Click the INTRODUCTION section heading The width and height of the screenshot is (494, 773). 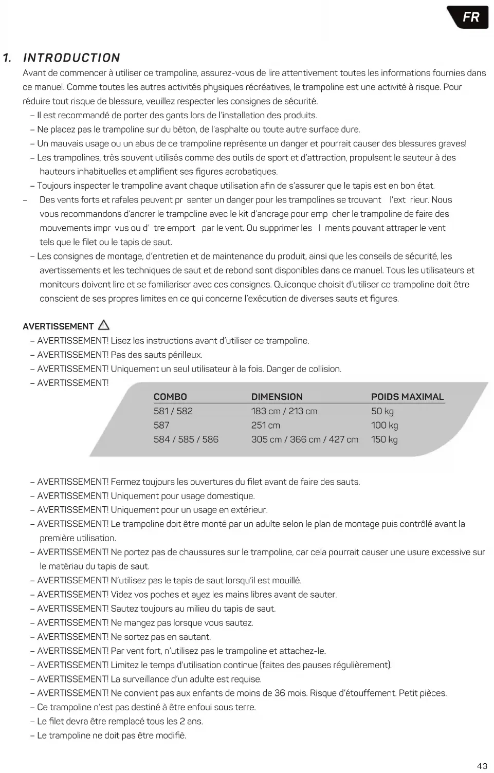point(71,58)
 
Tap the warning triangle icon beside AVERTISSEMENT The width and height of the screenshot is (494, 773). point(104,325)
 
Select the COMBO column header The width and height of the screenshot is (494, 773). point(170,397)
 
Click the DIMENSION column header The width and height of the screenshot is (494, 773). point(277,397)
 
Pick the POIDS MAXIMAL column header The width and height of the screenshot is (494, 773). point(407,397)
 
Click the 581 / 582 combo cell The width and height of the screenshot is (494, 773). point(173,411)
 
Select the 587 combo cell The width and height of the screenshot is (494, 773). point(161,425)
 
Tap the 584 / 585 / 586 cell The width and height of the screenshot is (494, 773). point(186,439)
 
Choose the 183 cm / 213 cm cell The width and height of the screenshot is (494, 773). point(284,411)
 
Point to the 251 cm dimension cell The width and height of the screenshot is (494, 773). point(265,425)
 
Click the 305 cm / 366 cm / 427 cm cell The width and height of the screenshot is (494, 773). point(304,439)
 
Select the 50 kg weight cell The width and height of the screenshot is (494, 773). point(382,411)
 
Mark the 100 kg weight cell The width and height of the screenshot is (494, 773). point(384,425)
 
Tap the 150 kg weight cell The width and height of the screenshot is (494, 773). point(384,439)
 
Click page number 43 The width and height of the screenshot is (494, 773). point(482,766)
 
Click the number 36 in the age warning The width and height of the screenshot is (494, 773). point(280,693)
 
